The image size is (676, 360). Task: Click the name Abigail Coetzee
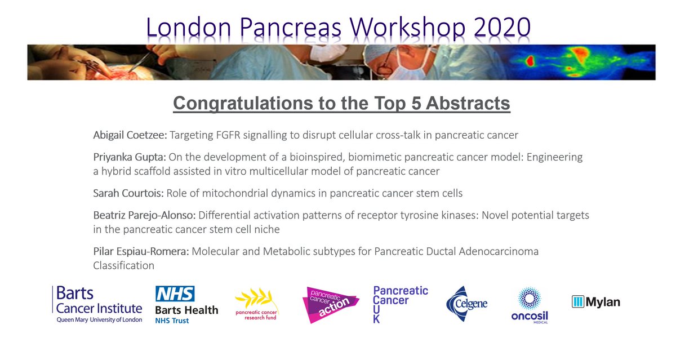(x=129, y=135)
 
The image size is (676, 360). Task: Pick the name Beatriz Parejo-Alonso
(x=144, y=215)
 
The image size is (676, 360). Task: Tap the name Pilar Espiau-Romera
(x=141, y=251)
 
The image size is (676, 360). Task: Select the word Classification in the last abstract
(x=123, y=265)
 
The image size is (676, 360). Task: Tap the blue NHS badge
(x=175, y=294)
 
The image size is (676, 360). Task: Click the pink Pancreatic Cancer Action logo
(x=329, y=304)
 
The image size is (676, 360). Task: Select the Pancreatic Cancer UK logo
(x=401, y=304)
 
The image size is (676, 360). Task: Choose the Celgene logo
(x=466, y=304)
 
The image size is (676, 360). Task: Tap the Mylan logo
(x=596, y=302)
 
